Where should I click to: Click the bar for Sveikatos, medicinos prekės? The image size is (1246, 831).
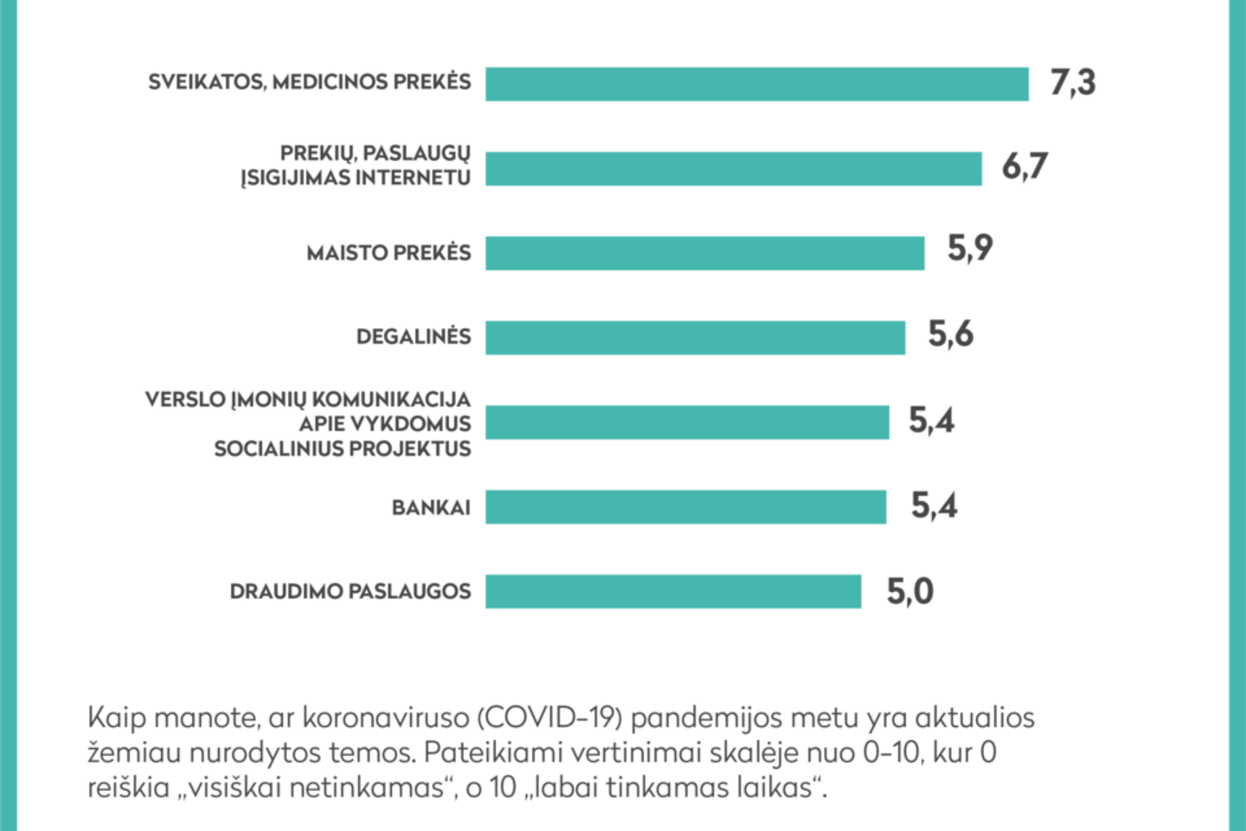[756, 85]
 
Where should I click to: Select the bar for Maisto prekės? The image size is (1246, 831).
[704, 254]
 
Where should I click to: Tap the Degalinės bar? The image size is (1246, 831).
[695, 338]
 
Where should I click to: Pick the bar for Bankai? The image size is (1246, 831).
[685, 507]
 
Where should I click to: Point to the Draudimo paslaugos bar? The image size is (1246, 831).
[673, 591]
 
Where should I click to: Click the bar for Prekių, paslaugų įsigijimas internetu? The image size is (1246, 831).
[733, 169]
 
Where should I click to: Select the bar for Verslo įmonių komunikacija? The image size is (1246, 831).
[687, 422]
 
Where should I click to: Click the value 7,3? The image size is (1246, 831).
[1072, 83]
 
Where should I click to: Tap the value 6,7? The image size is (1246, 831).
[1024, 166]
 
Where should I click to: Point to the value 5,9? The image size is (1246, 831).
[969, 249]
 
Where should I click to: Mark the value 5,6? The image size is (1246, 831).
[950, 334]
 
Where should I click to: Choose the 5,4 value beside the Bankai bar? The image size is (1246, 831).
[934, 506]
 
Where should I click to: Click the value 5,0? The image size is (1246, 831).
[909, 592]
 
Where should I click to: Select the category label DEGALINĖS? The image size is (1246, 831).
[414, 337]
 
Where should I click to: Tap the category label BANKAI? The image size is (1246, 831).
[431, 507]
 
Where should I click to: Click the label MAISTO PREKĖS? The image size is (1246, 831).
[389, 253]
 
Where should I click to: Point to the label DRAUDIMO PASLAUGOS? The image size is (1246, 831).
[350, 591]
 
